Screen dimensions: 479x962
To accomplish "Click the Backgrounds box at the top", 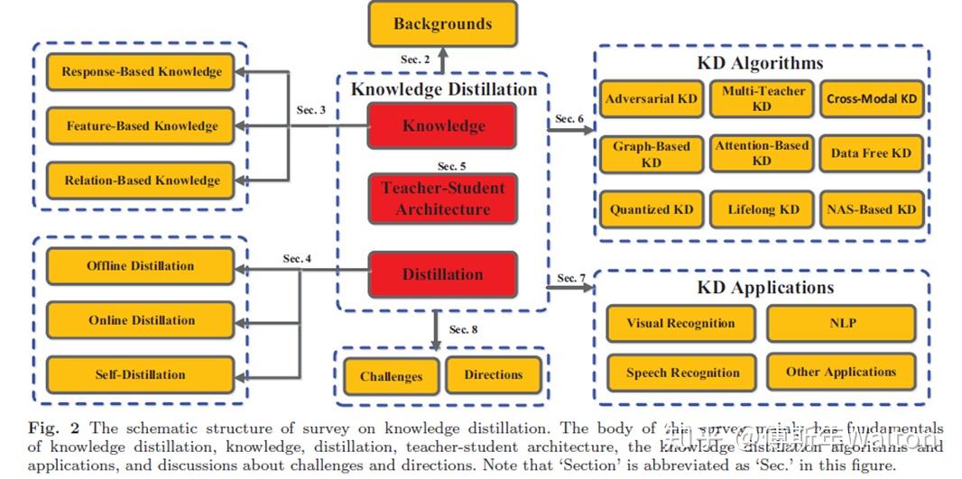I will (442, 24).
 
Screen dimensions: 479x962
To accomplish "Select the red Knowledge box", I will (442, 126).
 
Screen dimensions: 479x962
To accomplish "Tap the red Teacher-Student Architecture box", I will (442, 198).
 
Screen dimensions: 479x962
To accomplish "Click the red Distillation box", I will (442, 274).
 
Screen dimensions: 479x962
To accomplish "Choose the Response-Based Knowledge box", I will (141, 72).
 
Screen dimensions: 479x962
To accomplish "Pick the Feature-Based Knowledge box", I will (141, 126).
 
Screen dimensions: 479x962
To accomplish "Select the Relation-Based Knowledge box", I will (141, 180).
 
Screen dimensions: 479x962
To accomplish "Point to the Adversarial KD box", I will (651, 99).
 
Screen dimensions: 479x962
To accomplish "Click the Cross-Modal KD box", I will (871, 99).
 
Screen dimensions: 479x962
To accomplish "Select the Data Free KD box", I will (871, 153).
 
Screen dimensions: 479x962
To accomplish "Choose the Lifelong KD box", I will (763, 209).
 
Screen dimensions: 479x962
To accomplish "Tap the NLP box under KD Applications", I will (841, 323).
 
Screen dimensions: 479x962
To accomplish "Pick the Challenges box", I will (391, 376).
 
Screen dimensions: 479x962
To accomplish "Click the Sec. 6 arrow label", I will (569, 119).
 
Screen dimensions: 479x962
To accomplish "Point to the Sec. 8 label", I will (463, 329).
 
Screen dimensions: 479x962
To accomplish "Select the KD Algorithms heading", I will (760, 63).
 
